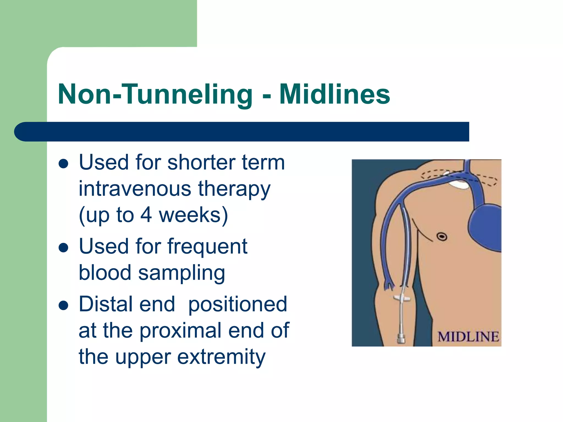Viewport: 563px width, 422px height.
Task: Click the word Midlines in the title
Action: coord(335,94)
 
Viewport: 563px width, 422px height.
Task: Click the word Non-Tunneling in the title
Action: coord(155,94)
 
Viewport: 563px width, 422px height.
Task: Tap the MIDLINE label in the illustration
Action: coord(468,337)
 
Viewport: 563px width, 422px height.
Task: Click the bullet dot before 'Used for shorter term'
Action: coord(64,164)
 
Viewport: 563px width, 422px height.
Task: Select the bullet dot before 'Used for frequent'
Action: coord(64,248)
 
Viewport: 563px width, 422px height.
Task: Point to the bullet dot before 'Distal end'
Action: coord(64,305)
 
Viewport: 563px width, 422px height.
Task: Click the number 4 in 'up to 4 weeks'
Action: coord(146,215)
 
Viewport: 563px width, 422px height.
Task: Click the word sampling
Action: coord(181,273)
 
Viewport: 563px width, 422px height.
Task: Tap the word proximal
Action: coord(181,331)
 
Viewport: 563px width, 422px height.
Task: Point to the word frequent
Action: coord(207,246)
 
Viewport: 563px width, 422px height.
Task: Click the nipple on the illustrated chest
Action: coord(442,236)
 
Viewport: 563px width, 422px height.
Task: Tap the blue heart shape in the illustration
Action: coord(485,228)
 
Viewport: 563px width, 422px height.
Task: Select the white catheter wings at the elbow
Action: coord(402,298)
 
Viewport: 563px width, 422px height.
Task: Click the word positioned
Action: coord(238,304)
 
